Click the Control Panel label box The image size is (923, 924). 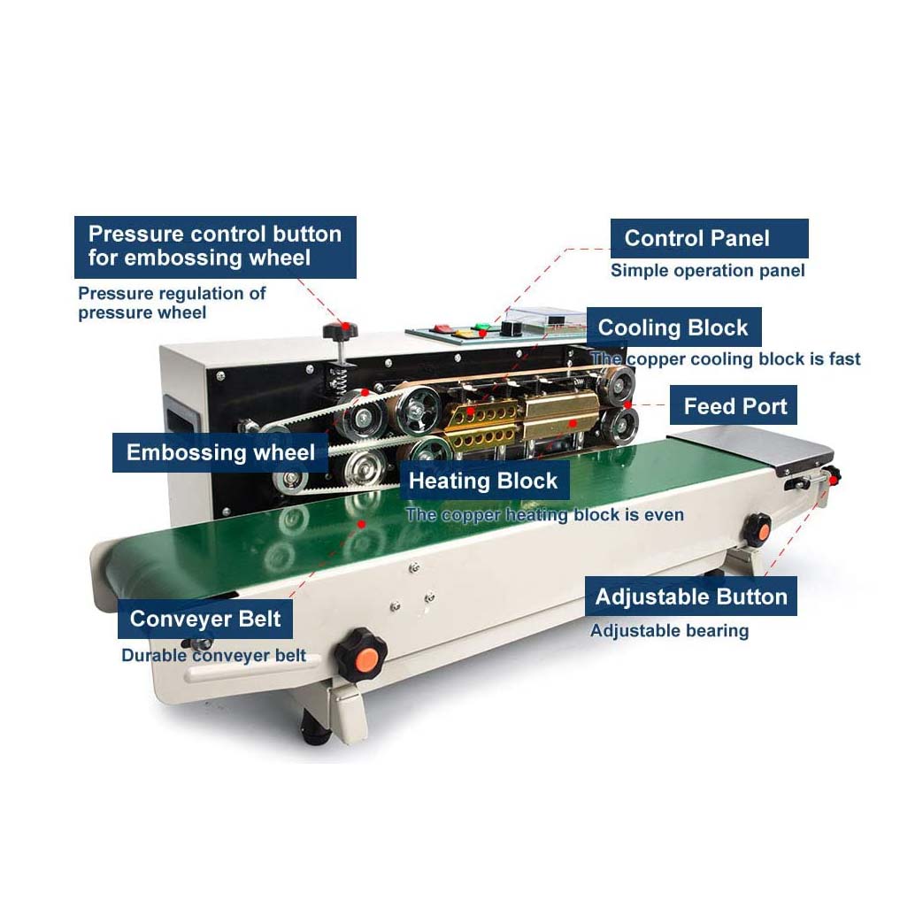[709, 238]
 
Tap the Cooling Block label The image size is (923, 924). [673, 327]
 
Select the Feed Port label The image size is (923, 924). [734, 405]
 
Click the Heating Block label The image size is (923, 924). [484, 481]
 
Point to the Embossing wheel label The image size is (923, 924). [219, 452]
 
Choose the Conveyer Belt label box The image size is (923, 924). [205, 619]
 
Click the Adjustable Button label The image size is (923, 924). [691, 597]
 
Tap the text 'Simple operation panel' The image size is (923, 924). [707, 271]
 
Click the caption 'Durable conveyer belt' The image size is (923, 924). [213, 655]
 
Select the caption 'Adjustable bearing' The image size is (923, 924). [670, 630]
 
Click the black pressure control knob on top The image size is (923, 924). [341, 330]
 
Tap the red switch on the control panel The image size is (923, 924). [442, 327]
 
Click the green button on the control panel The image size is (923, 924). [482, 326]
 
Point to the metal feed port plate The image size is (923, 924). [751, 449]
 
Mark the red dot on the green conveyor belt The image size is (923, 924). [361, 524]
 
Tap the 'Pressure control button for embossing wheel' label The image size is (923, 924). [215, 247]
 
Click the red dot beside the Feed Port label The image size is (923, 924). [628, 404]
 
